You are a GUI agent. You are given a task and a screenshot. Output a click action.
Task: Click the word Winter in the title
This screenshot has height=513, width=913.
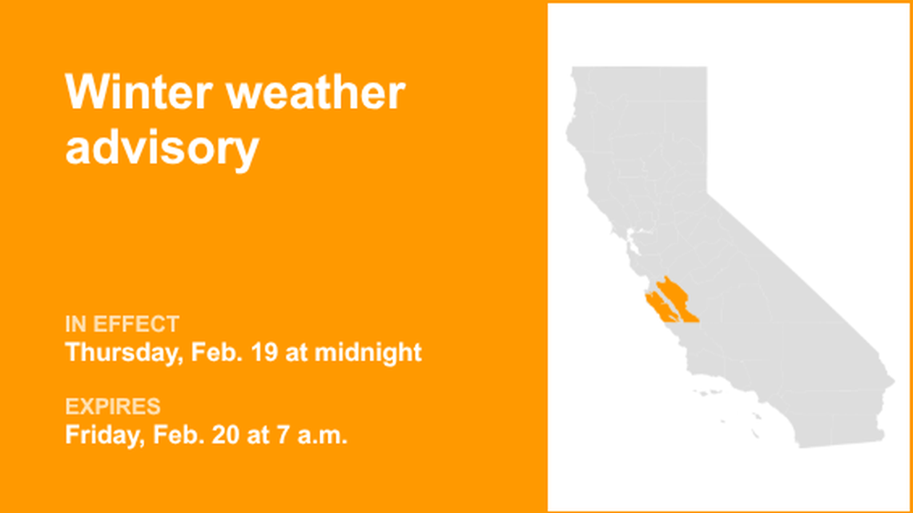click(138, 93)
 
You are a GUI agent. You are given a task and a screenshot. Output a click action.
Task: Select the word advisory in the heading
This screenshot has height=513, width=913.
click(162, 148)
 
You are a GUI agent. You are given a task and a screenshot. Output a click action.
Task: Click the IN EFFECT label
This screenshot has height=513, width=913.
click(122, 324)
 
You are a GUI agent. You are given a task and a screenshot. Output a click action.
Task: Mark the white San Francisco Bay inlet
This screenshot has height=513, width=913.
click(633, 238)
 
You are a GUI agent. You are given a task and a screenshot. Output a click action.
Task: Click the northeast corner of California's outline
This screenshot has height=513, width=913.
click(706, 69)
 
